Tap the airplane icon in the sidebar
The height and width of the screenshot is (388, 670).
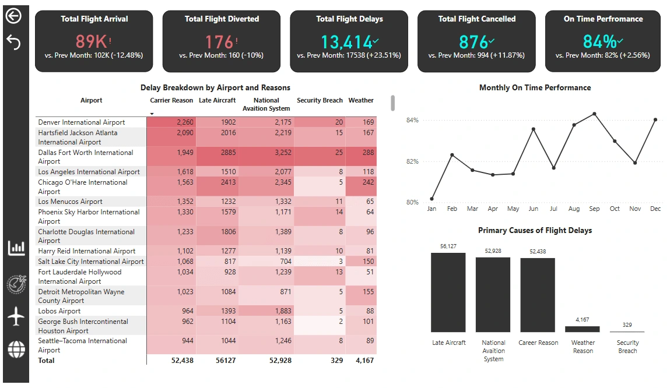[16, 317]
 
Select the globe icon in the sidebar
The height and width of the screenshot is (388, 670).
[16, 349]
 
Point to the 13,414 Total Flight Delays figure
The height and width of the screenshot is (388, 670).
[346, 42]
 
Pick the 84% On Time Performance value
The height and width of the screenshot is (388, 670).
[600, 42]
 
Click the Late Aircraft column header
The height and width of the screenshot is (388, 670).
[217, 100]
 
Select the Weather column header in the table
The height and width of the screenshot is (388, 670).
[361, 100]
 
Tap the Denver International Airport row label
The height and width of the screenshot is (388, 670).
[82, 122]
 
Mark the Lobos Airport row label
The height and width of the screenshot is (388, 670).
[59, 311]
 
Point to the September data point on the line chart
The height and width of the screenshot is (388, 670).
[594, 114]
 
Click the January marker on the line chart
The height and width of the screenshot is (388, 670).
[432, 199]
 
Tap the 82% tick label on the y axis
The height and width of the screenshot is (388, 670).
[412, 161]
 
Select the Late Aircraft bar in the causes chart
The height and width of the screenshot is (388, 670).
[448, 292]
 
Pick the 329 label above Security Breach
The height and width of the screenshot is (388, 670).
[627, 325]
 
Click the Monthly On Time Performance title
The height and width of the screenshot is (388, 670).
[535, 88]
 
